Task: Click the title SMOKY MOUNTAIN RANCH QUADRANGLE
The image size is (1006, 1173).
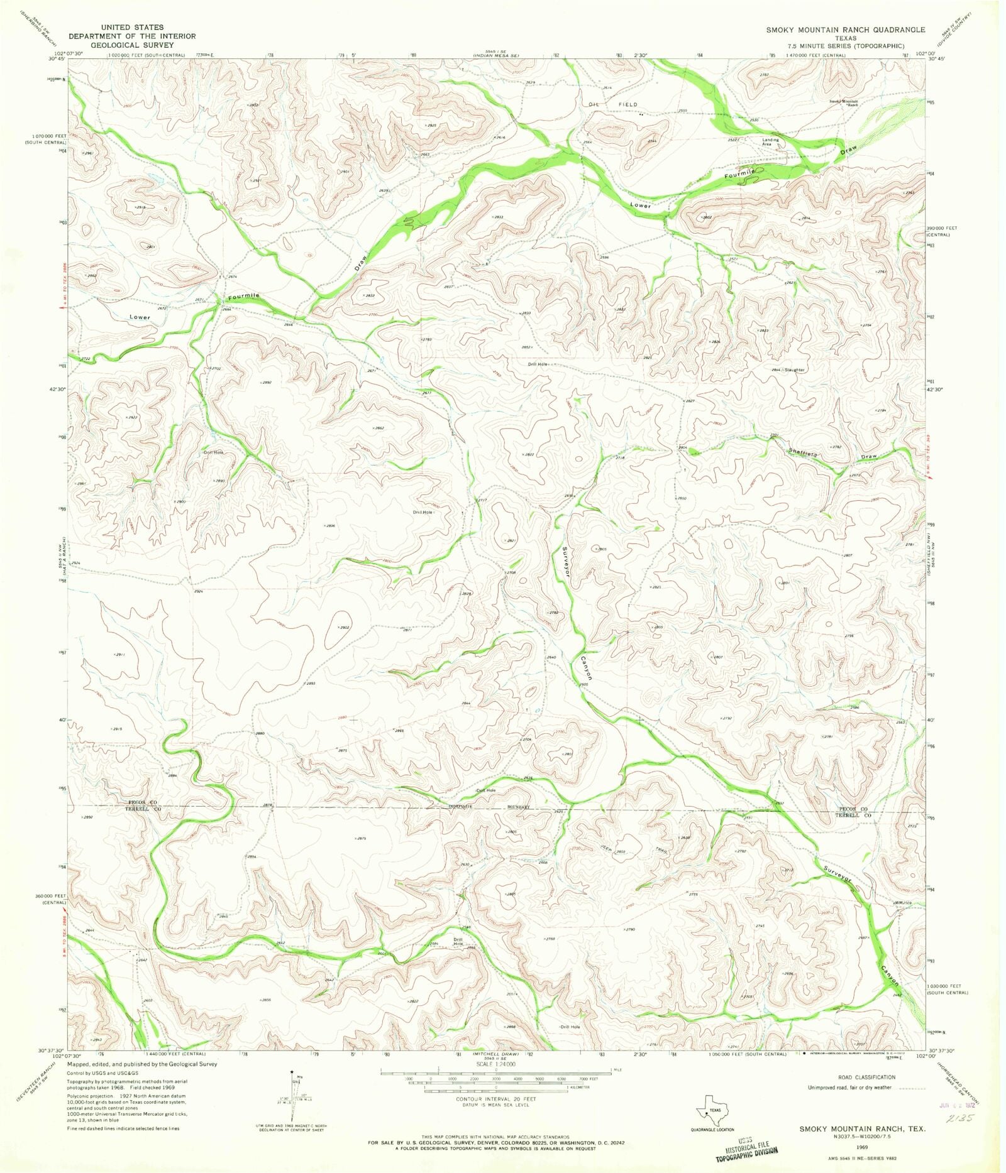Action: [845, 30]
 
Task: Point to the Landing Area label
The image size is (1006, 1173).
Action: [770, 142]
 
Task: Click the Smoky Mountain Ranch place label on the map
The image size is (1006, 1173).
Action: [843, 103]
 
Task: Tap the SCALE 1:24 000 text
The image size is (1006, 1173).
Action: [496, 1064]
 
